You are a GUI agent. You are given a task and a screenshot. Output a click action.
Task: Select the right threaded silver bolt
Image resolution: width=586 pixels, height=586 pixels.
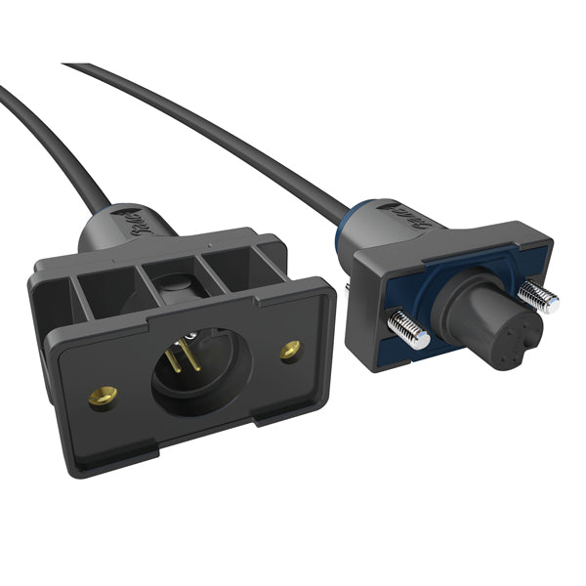coord(536,294)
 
